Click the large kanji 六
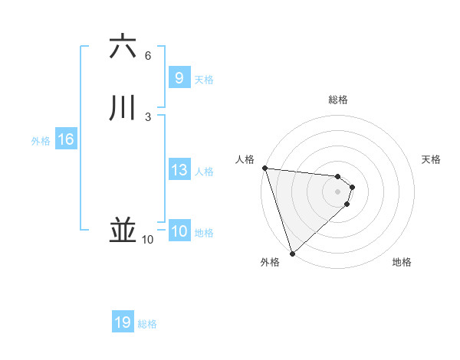click(123, 47)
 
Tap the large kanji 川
click(123, 107)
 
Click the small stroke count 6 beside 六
click(148, 56)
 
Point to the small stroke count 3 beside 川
click(148, 116)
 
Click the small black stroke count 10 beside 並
click(148, 240)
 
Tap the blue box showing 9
click(179, 77)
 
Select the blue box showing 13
click(179, 170)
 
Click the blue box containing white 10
click(179, 231)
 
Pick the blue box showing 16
click(65, 139)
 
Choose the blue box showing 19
click(122, 322)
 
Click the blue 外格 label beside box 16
click(41, 141)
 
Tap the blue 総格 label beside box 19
click(147, 324)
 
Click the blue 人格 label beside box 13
click(205, 172)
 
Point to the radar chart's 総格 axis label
click(337, 100)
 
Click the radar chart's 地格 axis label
click(402, 262)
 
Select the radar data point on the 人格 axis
click(264, 168)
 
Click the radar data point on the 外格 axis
click(292, 254)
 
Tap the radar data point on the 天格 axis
click(352, 187)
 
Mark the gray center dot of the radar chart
click(337, 191)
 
